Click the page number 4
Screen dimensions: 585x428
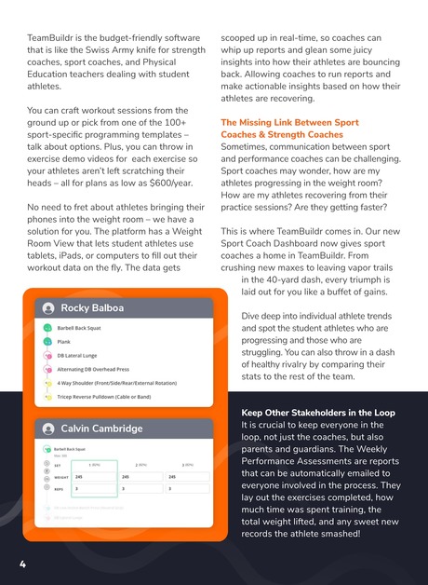pos(22,565)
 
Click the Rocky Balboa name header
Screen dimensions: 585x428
pos(92,308)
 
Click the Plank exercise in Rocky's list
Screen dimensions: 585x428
pos(63,342)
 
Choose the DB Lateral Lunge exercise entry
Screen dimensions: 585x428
pos(78,355)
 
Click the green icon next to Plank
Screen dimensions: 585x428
pos(47,342)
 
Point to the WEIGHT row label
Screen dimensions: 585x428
pos(62,476)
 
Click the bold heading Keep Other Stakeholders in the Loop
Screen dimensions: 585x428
pos(317,413)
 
